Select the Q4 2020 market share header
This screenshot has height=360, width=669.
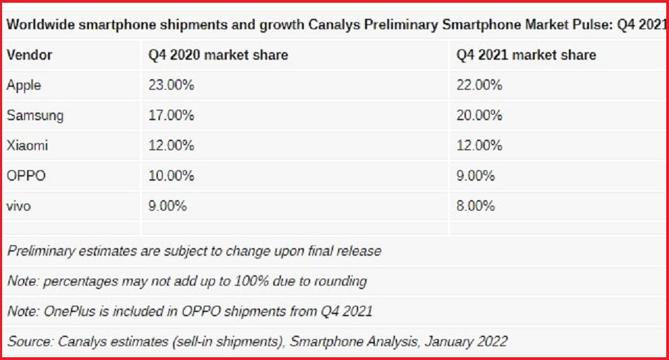[218, 55]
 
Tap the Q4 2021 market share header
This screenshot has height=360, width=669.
[526, 55]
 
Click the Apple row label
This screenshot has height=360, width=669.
[24, 85]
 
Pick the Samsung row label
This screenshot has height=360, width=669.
[35, 115]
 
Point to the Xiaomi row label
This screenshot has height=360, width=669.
[28, 145]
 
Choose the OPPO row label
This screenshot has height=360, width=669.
[26, 176]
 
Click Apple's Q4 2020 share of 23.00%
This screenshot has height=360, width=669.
[171, 85]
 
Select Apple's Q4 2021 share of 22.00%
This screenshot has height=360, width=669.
[479, 85]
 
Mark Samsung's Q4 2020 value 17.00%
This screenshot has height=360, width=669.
[171, 115]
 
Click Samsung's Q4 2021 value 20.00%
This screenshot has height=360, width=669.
[479, 115]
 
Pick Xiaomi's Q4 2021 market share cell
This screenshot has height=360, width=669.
[479, 145]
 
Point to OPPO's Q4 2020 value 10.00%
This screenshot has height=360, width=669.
[171, 176]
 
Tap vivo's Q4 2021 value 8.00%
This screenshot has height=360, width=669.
[476, 206]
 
